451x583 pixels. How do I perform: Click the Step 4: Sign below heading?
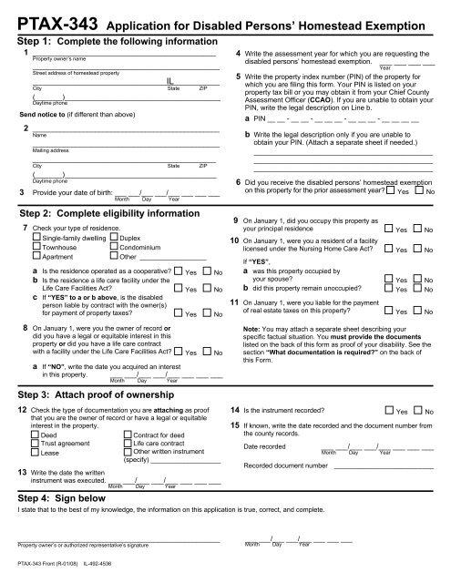(x=64, y=499)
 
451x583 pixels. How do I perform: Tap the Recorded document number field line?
(x=382, y=466)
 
